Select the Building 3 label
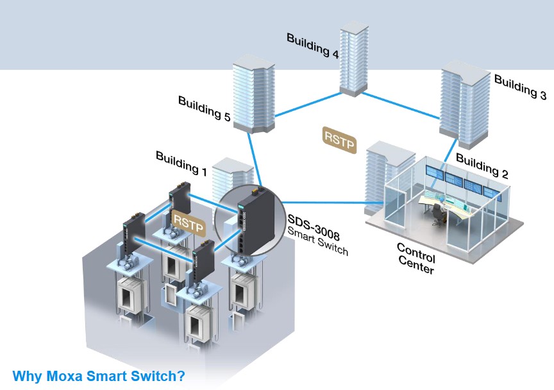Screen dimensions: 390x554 [x=520, y=87]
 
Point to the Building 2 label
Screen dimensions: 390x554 [x=482, y=165]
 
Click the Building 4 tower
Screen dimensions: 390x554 [x=355, y=58]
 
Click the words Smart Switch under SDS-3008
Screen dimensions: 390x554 [x=317, y=242]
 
